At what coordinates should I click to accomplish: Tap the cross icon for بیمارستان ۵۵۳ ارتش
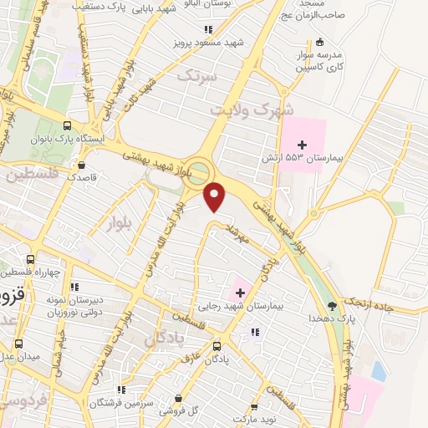point(302,145)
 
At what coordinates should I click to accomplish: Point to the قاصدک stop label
point(83,177)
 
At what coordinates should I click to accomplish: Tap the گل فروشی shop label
point(186,410)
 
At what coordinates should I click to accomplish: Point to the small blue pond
point(380,371)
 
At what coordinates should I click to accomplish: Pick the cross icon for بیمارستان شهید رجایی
point(242,292)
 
